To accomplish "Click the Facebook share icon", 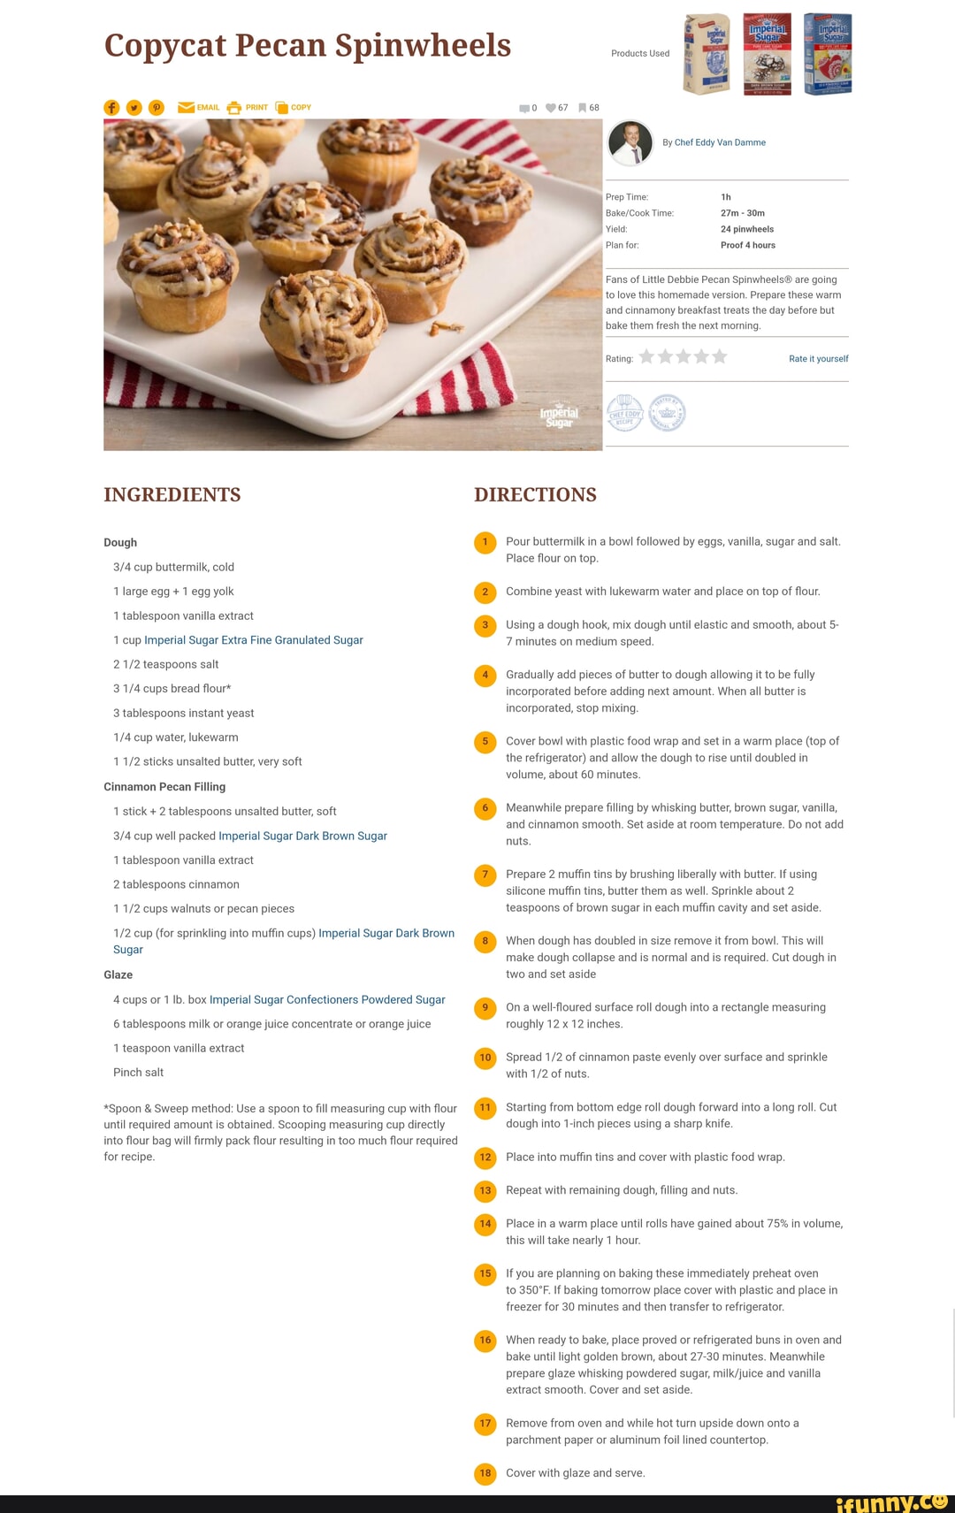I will pos(111,108).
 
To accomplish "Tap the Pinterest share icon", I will pos(157,108).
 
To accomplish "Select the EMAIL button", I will pos(199,108).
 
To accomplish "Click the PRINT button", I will pos(248,108).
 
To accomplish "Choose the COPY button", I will pos(294,108).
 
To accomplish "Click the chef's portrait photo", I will pos(630,142).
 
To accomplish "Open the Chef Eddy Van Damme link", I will pos(720,142).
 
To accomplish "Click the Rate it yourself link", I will pos(818,359).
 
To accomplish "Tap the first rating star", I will pos(646,356).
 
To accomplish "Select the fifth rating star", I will pos(720,356).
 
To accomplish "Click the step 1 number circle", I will pos(485,542).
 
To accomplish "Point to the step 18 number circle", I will pos(485,1473).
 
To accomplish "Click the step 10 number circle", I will pos(485,1058).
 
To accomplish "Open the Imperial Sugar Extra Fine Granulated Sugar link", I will pos(254,640).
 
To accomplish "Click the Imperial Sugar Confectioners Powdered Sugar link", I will pos(327,1000).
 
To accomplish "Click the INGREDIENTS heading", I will pos(172,495).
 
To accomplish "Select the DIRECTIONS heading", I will pos(535,495).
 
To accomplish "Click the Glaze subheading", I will pos(118,974).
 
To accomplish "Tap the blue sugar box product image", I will pos(828,54).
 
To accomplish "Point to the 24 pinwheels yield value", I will pos(747,229).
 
